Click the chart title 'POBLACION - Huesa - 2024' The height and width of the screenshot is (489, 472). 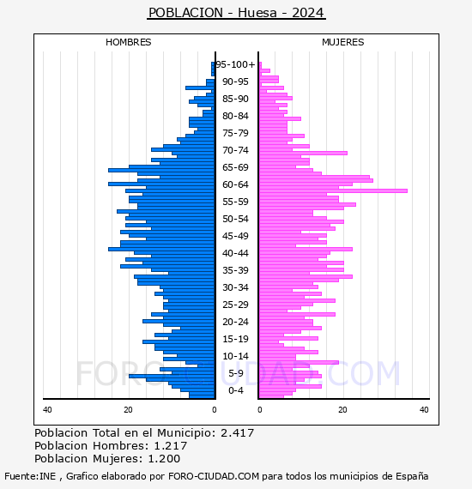pos(237,13)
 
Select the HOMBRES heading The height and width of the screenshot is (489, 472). pos(128,42)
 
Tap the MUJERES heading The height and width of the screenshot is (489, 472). pos(343,42)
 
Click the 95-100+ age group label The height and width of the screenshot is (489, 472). pos(235,64)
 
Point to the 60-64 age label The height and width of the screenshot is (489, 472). pos(235,184)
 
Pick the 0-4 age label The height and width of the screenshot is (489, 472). pos(236,390)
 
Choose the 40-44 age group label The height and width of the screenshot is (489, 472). pos(235,253)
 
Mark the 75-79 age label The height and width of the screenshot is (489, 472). pos(235,133)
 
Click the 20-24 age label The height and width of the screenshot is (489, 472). pos(235,322)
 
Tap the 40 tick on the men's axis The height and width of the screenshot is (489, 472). pos(47,410)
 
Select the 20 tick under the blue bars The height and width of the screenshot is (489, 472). pos(128,410)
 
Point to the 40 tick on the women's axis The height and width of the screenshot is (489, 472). pos(424,410)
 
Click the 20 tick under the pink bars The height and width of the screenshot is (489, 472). pos(342,410)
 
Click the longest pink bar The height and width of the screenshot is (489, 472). pos(333,190)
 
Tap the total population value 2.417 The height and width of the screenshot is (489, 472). pos(238,433)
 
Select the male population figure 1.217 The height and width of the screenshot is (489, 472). pos(171,446)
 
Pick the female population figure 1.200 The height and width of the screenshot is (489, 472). pos(164,459)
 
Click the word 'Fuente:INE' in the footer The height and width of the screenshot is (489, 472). pos(30,476)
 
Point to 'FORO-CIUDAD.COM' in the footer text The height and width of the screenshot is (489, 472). pos(214,476)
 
